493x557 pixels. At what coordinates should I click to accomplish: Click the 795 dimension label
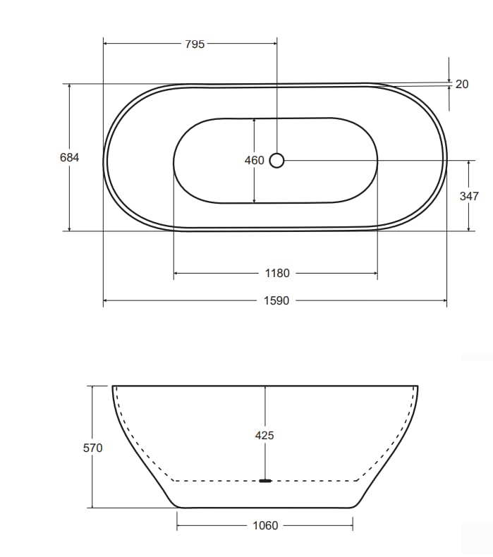[x=195, y=44]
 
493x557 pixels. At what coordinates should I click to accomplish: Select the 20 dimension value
[x=462, y=85]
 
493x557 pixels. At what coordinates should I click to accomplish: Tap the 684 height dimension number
[x=69, y=158]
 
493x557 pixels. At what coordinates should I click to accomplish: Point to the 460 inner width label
[x=254, y=161]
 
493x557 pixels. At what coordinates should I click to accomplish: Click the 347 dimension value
[x=469, y=196]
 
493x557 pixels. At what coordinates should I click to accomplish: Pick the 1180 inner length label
[x=276, y=274]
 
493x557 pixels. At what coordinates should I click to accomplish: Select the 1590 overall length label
[x=276, y=301]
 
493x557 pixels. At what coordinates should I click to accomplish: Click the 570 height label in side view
[x=92, y=448]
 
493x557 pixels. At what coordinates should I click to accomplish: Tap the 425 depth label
[x=264, y=436]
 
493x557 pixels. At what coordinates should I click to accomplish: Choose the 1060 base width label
[x=264, y=525]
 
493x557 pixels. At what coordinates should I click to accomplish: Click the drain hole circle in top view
[x=276, y=161]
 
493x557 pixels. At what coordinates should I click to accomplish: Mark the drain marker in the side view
[x=265, y=482]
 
